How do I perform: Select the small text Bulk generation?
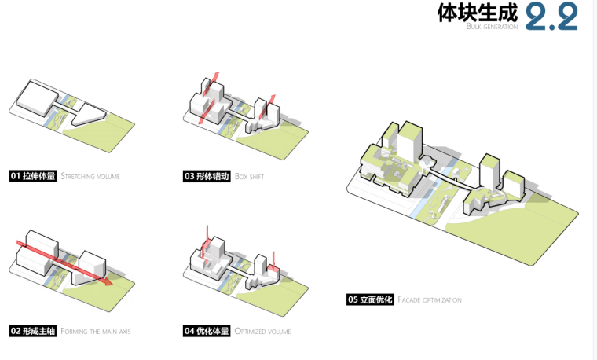(x=492, y=27)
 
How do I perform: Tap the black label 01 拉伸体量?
(x=33, y=176)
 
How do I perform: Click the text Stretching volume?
(x=90, y=177)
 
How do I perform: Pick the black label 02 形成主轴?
(x=33, y=331)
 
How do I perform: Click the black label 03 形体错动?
(x=207, y=176)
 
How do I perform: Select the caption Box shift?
(x=249, y=177)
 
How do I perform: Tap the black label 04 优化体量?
(x=207, y=331)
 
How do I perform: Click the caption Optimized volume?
(x=262, y=332)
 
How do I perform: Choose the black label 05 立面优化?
(x=370, y=299)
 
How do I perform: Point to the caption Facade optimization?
(x=430, y=300)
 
